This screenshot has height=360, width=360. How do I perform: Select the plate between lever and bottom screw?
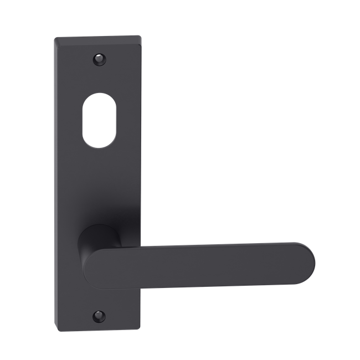click(100, 299)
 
